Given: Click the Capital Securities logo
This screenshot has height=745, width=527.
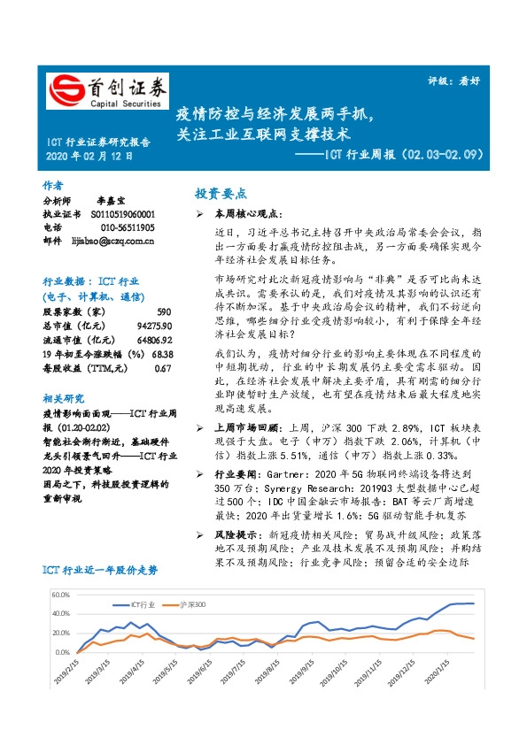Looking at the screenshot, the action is pos(107,91).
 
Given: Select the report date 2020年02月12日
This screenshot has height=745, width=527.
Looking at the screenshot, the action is pos(89,157).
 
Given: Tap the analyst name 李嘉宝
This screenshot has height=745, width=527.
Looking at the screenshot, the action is pos(112,202).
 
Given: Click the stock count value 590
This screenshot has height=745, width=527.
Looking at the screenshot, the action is pos(163,312).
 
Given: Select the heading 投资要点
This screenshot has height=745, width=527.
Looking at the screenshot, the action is pos(221,194).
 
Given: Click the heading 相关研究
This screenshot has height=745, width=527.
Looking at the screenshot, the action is pos(62,399).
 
